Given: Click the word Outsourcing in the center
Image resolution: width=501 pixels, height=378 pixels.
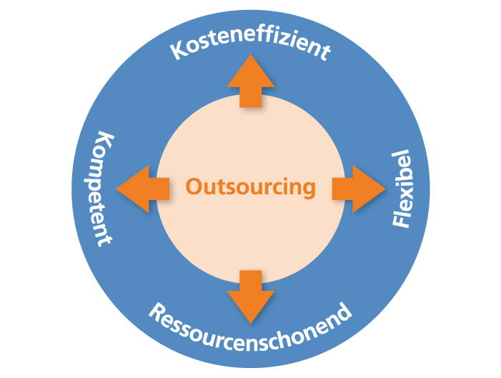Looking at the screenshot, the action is (250, 187).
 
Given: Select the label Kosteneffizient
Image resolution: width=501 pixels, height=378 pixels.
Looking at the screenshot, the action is (250, 43).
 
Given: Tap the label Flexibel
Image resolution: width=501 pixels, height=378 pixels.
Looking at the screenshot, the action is (402, 189).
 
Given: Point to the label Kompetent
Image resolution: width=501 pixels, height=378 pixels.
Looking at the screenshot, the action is (101, 189).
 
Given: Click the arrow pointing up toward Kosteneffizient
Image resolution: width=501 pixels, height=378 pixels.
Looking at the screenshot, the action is (250, 81).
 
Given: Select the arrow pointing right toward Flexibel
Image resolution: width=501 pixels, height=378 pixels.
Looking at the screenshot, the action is (359, 189).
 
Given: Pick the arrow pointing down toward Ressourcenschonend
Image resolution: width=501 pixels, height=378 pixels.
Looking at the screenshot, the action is (250, 297).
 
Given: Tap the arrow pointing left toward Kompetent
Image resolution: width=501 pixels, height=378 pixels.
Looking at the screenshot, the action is (142, 189).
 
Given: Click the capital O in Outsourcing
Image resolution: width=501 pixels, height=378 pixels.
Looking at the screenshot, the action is (193, 186).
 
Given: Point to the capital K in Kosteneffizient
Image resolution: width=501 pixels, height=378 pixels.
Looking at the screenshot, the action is (178, 51).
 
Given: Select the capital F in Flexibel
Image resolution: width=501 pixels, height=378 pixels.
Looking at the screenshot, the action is (402, 222).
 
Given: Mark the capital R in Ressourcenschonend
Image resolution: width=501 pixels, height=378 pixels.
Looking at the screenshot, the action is (157, 312).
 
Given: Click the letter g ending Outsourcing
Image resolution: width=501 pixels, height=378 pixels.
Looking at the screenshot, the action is (308, 189).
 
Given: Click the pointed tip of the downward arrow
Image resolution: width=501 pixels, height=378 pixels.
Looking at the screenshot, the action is (251, 324).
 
